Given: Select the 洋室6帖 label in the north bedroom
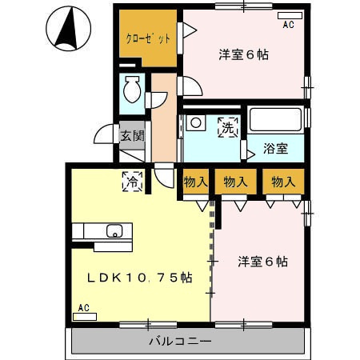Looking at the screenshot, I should [x=243, y=55].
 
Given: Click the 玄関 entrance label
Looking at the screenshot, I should [x=132, y=135].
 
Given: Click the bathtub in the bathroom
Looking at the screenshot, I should [x=274, y=121].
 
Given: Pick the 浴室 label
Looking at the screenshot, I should [x=274, y=148].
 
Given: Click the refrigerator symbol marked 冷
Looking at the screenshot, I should [x=131, y=182].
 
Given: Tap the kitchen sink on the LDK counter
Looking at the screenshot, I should [x=114, y=233].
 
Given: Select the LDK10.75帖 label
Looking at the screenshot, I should [x=139, y=278].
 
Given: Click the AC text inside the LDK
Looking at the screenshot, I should [x=83, y=307].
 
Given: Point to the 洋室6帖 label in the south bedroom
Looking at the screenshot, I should [x=262, y=262].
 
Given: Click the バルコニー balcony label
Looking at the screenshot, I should [x=180, y=342].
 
